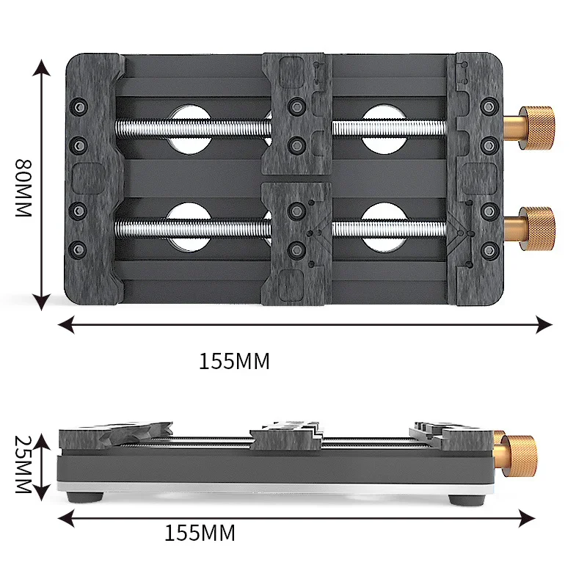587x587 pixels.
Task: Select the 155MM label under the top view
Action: coord(234,361)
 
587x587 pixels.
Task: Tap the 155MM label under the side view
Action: coord(200,533)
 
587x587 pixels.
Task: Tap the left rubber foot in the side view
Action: coord(83,497)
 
